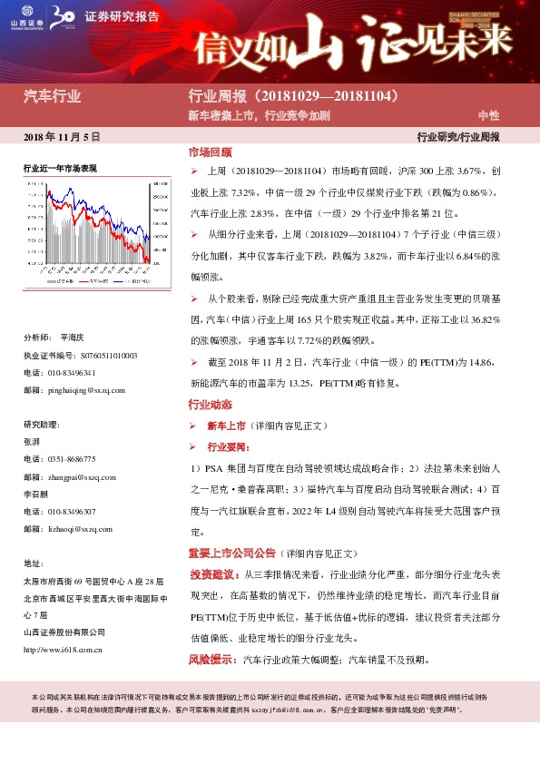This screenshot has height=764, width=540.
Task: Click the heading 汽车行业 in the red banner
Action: pyautogui.click(x=52, y=94)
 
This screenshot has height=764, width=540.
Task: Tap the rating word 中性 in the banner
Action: pyautogui.click(x=488, y=116)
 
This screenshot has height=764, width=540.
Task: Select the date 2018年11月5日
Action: pyautogui.click(x=61, y=136)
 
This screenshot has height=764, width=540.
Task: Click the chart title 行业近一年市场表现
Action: pyautogui.click(x=60, y=169)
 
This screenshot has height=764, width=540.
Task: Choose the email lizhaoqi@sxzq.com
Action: pyautogui.click(x=80, y=528)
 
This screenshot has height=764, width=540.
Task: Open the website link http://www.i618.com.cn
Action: pyautogui.click(x=63, y=650)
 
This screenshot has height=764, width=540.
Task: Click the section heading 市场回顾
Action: pyautogui.click(x=210, y=152)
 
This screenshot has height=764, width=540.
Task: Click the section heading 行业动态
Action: pyautogui.click(x=210, y=404)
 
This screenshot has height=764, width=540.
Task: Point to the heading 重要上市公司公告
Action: pyautogui.click(x=231, y=553)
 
